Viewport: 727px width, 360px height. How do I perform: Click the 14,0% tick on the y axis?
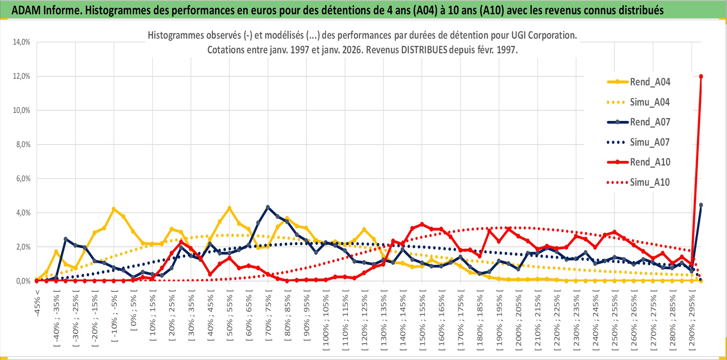point(22,42)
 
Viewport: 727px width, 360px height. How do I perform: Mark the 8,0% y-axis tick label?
point(23,145)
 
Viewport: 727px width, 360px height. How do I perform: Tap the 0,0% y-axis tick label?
point(23,281)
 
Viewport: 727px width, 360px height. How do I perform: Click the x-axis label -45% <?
point(37,303)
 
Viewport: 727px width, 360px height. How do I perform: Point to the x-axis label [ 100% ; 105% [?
point(326,321)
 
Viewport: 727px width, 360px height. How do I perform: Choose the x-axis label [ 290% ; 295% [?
point(692,321)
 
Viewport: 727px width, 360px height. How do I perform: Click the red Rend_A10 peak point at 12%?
point(701,76)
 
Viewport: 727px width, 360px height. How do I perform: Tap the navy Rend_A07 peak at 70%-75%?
point(268,207)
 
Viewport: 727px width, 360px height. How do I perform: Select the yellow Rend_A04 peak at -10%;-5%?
point(114,209)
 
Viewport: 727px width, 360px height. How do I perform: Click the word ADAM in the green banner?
point(26,10)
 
